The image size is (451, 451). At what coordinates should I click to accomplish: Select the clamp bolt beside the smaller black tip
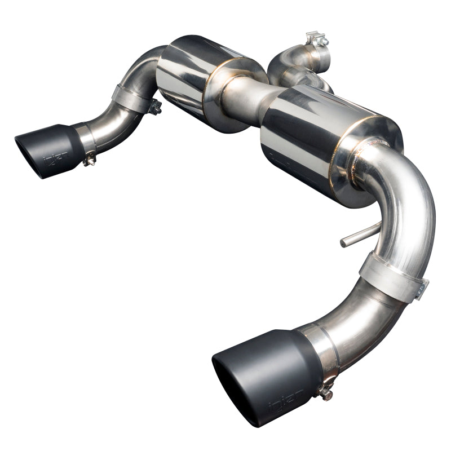[88, 162]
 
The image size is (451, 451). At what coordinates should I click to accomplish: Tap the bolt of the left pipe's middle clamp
[154, 106]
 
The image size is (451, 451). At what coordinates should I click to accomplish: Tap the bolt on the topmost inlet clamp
[317, 39]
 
